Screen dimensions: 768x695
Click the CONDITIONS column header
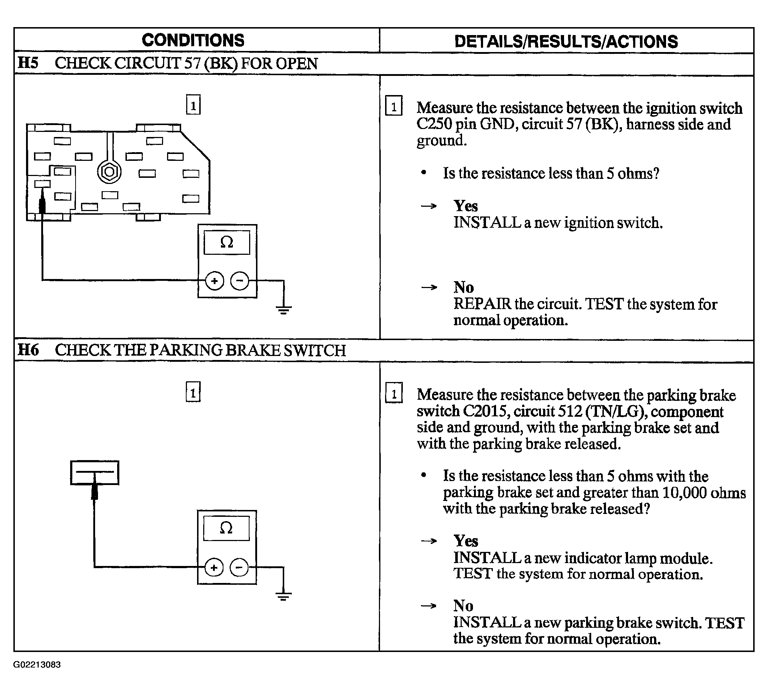tap(193, 40)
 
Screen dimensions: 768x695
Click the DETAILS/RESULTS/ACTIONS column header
tap(566, 42)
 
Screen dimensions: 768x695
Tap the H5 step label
tap(28, 63)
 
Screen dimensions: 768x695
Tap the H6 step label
tap(28, 349)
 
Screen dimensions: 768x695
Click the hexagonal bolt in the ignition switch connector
tap(109, 172)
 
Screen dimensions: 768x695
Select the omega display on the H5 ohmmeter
tap(227, 243)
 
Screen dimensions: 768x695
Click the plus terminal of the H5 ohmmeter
tap(214, 281)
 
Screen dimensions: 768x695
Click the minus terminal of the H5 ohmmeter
tap(240, 281)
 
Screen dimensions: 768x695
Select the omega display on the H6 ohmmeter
tap(226, 528)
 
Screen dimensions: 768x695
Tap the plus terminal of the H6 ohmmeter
tap(214, 567)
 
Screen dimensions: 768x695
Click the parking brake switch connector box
tap(94, 473)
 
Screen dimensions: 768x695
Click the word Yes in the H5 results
tap(465, 206)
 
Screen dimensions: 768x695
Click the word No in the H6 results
tap(463, 605)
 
